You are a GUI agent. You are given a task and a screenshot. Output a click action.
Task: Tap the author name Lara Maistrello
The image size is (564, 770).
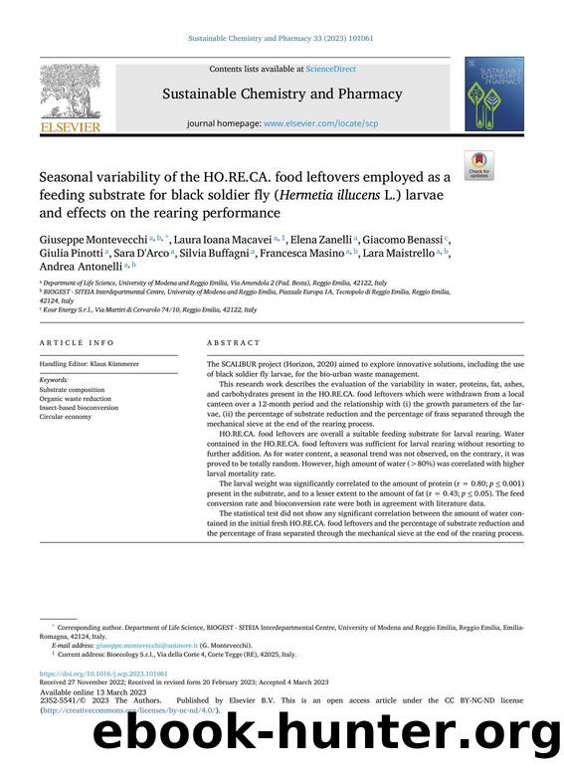[459, 255]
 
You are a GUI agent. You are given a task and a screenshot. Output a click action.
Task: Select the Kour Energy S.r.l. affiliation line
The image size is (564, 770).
[149, 309]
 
